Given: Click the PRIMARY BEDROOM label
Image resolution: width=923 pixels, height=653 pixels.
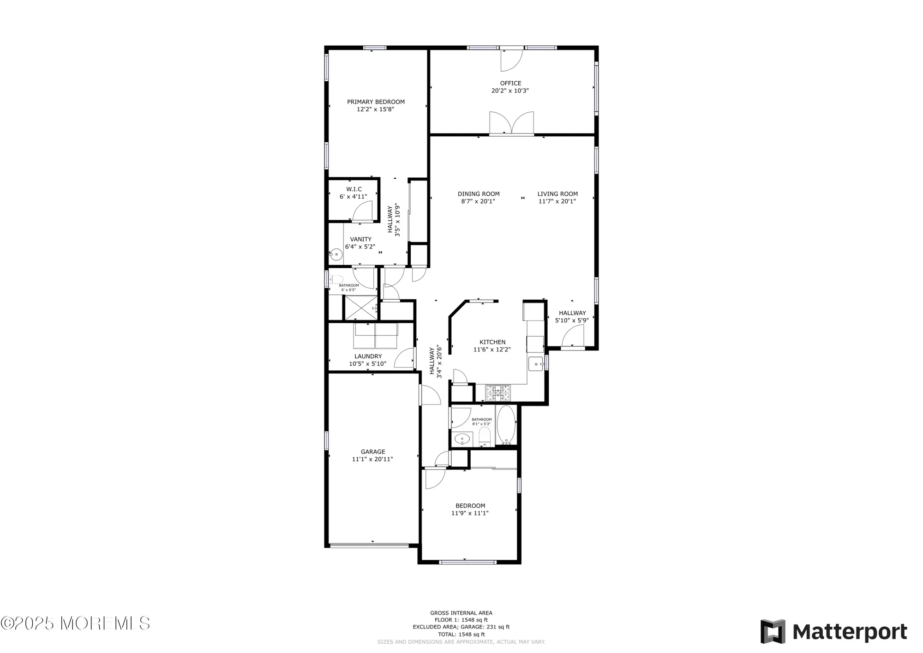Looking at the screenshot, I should [x=376, y=102].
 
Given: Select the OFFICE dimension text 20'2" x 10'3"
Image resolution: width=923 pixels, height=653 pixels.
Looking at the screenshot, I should [x=510, y=91].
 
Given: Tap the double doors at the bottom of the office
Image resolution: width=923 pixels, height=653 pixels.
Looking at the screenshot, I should [x=511, y=123].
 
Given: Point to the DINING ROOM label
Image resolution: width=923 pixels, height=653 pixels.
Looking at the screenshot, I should [x=479, y=194].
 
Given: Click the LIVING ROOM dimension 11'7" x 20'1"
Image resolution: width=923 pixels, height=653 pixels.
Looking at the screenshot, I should [x=557, y=201].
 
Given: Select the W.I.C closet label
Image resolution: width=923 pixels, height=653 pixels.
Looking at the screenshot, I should [x=354, y=189].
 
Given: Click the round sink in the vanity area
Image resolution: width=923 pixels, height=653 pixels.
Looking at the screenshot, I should [x=336, y=254].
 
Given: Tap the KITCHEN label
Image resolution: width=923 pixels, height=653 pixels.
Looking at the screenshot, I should [x=492, y=342].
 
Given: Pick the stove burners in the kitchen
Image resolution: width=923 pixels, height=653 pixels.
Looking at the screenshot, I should [x=498, y=393].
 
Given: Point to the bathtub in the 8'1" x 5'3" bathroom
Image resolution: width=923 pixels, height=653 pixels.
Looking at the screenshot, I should [x=506, y=425].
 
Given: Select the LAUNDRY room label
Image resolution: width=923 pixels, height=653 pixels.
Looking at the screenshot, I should [x=368, y=356].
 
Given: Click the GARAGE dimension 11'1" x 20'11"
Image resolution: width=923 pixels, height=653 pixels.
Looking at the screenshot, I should [x=372, y=460].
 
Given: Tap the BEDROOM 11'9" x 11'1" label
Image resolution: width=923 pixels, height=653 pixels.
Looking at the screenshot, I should [x=470, y=506].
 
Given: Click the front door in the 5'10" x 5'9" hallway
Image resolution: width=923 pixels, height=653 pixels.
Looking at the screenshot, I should [x=573, y=335].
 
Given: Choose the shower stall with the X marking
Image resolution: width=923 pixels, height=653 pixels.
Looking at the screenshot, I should [x=361, y=308].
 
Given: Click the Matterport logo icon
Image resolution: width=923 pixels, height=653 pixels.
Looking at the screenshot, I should [x=773, y=631].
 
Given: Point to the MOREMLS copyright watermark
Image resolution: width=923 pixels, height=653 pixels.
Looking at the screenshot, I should [x=75, y=623].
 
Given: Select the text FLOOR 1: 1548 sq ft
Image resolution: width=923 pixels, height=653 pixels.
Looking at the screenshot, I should [x=461, y=620].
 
